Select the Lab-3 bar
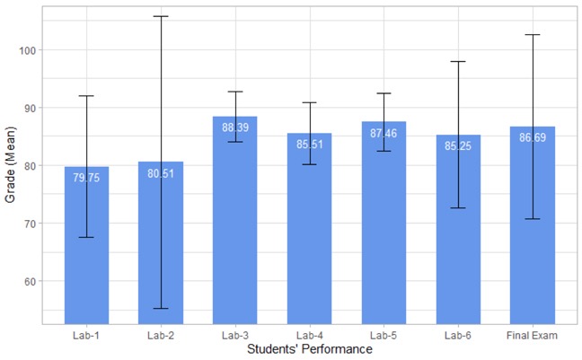tap(234, 233)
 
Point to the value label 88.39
tap(234, 127)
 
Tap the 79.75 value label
tap(86, 178)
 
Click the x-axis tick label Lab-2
tap(161, 336)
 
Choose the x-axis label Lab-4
tap(309, 336)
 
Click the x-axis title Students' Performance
tap(309, 349)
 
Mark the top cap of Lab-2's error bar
tap(161, 16)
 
